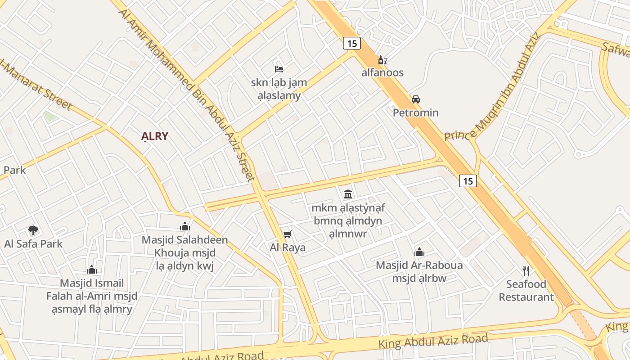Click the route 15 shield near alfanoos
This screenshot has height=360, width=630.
(352, 43)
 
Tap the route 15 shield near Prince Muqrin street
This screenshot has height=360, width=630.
(468, 181)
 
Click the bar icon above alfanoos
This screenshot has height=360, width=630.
(382, 60)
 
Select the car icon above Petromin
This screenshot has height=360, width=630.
(415, 99)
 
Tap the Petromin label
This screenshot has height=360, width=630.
(415, 112)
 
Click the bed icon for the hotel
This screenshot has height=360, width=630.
(279, 69)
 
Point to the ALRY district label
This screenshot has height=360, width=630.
(154, 136)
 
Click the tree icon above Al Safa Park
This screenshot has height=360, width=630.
(33, 230)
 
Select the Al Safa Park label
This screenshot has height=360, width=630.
(33, 244)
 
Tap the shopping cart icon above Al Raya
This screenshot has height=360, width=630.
(288, 234)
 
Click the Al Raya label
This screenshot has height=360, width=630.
(288, 247)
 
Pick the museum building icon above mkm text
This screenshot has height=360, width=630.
(348, 194)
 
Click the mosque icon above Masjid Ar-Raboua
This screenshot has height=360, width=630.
(419, 252)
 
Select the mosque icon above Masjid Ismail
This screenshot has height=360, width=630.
(92, 270)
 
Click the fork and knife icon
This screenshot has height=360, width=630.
(526, 270)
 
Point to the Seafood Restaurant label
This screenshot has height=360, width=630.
(526, 291)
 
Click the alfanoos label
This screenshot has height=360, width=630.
(382, 72)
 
